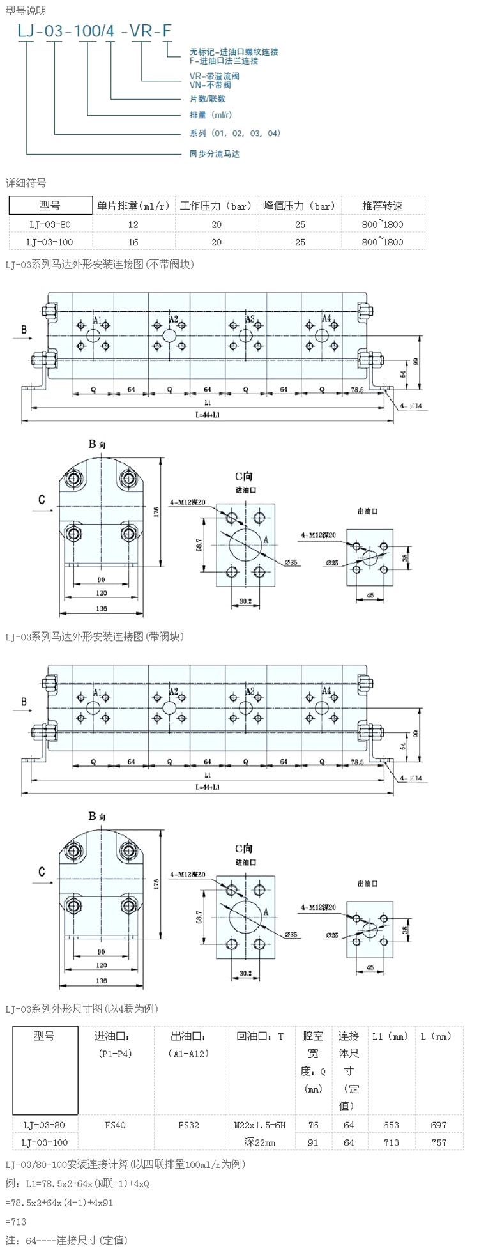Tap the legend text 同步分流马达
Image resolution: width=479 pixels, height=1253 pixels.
214,154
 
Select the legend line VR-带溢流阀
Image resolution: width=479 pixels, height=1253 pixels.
214,76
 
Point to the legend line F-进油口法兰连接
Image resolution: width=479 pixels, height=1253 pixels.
224,61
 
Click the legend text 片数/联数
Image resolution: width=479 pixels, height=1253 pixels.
208,98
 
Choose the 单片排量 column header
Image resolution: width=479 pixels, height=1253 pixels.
133,206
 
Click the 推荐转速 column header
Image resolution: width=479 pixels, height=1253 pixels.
383,206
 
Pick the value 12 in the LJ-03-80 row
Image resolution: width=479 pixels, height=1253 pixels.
133,225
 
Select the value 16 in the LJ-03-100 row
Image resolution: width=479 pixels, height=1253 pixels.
133,242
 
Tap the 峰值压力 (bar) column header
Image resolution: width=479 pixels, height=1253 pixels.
300,206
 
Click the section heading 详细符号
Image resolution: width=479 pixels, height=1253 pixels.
26,183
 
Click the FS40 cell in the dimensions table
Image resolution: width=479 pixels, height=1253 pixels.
115,1125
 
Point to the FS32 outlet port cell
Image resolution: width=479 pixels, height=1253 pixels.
188,1125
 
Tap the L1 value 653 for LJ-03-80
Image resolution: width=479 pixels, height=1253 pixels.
391,1125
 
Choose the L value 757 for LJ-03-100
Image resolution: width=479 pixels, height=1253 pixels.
439,1142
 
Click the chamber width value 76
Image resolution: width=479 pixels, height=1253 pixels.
313,1125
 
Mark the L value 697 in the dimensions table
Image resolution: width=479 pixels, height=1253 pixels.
439,1125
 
